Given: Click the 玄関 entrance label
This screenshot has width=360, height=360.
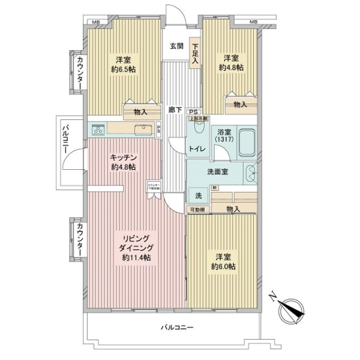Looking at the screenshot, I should (176, 46).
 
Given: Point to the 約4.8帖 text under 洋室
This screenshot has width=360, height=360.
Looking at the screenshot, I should (231, 68).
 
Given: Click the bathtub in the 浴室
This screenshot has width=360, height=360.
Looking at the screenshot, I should (247, 143).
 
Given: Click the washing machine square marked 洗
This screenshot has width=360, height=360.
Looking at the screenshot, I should (197, 196).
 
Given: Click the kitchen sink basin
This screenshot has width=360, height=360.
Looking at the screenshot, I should (143, 130).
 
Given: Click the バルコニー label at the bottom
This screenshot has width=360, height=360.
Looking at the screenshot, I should (177, 327).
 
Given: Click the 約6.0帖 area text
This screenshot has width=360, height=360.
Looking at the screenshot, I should (223, 266).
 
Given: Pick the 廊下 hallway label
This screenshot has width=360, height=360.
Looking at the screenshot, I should (176, 110).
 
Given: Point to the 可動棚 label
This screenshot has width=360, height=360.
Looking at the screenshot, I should (197, 209).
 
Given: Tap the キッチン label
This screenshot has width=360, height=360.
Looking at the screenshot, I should (122, 158).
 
